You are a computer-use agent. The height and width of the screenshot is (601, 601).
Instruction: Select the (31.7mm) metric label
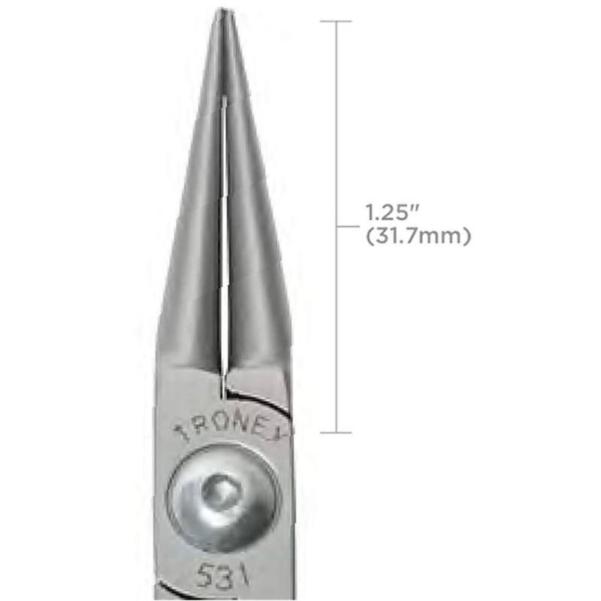(x=417, y=236)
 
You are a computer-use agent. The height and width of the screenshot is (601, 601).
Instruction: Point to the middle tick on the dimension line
(x=343, y=225)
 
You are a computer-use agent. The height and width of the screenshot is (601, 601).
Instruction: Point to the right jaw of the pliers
(x=252, y=225)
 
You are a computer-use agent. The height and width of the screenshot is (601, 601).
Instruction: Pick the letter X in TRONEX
(x=286, y=430)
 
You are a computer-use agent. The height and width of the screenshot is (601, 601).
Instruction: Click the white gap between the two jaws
(x=225, y=225)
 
